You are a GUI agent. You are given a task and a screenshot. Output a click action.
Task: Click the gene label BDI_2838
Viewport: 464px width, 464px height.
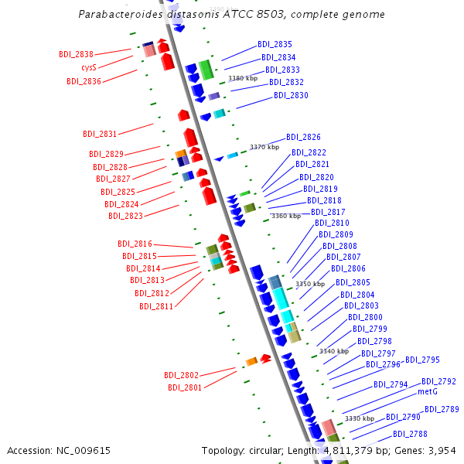point(76,54)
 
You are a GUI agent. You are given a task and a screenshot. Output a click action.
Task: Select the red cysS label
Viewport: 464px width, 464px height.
point(89,67)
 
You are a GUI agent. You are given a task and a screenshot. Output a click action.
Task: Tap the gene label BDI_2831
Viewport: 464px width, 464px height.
point(100,134)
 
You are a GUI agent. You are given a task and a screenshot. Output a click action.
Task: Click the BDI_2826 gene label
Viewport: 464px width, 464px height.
point(303,137)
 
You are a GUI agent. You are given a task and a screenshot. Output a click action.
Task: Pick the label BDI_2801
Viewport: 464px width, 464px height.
point(185,387)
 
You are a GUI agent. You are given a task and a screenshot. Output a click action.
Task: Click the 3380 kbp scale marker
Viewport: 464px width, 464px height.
point(242,78)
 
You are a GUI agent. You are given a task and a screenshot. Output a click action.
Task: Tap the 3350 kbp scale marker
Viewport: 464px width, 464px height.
point(310,284)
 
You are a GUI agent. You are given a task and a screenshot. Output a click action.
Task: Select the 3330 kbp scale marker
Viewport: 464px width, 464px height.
point(359,418)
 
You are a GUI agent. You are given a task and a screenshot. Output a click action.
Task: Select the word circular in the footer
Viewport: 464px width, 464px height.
point(267,450)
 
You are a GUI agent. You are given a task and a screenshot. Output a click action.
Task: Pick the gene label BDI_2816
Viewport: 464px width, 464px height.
point(135,244)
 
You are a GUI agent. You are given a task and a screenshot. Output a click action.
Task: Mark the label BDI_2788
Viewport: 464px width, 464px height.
point(410,434)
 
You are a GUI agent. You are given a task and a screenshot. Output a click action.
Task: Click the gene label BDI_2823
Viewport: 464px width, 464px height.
point(125,216)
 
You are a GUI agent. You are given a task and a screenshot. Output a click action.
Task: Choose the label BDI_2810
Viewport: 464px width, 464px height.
point(332,223)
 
